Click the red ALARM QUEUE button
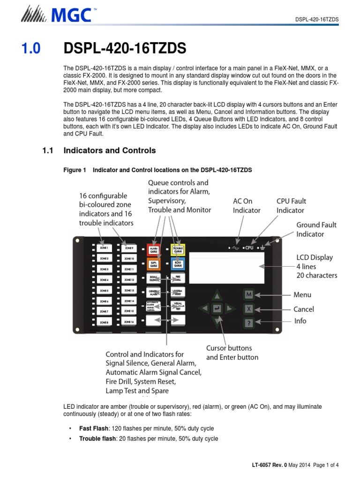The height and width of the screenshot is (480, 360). (153, 249)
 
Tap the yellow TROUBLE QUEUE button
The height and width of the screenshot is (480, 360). (178, 249)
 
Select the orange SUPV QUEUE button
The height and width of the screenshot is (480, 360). (153, 264)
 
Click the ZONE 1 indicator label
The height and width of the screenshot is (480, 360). (104, 247)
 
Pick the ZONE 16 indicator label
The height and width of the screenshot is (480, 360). (129, 322)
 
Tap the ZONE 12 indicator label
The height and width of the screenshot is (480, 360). (129, 280)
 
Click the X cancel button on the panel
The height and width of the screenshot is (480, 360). (249, 309)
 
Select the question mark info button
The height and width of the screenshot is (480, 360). (249, 322)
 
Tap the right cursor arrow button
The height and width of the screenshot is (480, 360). (229, 308)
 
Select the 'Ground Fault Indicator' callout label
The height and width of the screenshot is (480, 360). (316, 229)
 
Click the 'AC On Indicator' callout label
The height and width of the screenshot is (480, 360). (247, 206)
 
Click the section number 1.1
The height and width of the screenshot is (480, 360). (49, 150)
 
